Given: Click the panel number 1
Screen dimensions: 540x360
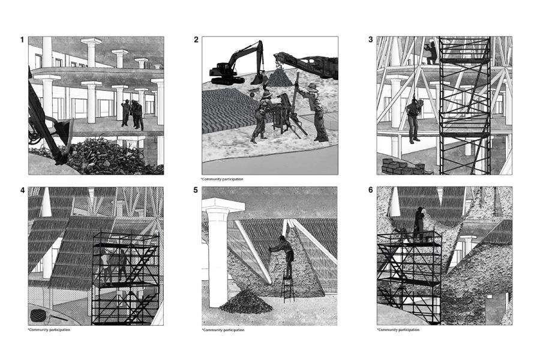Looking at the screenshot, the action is point(22,40).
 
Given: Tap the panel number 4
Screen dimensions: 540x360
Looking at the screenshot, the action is point(23,190).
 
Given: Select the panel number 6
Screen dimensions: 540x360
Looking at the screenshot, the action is point(371,190).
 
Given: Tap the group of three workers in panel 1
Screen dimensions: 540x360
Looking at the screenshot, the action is point(133,115).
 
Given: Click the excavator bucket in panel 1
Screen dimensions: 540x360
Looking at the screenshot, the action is point(63,129).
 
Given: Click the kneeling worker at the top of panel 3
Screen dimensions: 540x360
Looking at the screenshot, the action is point(431,53).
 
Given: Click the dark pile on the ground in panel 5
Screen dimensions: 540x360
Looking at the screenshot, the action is point(246,301).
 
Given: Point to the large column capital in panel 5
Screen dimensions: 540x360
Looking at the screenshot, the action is point(223,205).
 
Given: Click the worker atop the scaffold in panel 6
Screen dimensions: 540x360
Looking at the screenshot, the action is point(419,224).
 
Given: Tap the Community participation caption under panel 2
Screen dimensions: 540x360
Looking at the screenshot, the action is point(222,179).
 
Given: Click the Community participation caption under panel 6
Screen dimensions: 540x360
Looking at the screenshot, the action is point(398,329).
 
